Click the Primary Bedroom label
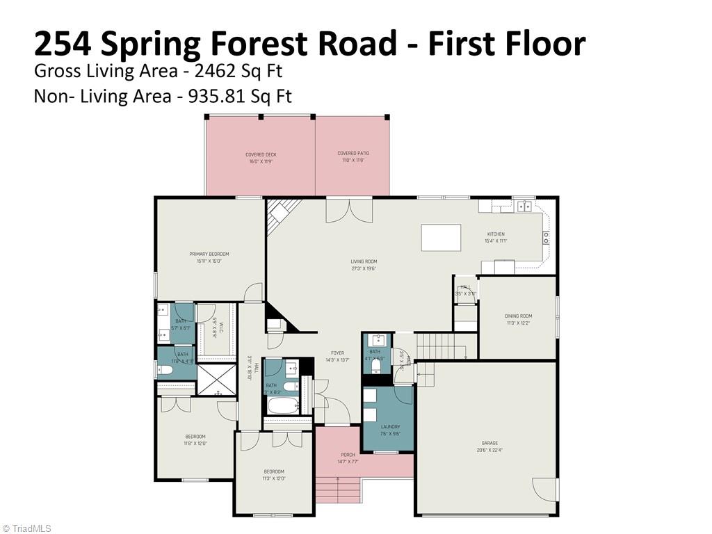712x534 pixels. [x=209, y=254]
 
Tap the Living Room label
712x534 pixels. [x=363, y=262]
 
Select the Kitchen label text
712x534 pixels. [x=495, y=234]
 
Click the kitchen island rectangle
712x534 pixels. [x=441, y=238]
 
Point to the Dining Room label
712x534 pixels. [x=518, y=316]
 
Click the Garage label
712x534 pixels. [x=489, y=443]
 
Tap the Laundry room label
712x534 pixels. [x=390, y=427]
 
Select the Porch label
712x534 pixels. [x=348, y=455]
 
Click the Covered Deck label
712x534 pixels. [x=261, y=155]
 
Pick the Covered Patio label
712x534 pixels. [x=353, y=154]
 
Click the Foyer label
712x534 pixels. [x=337, y=353]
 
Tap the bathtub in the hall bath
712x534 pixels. [x=282, y=405]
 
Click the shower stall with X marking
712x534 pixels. [x=216, y=380]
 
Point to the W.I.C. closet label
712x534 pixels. [x=220, y=327]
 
